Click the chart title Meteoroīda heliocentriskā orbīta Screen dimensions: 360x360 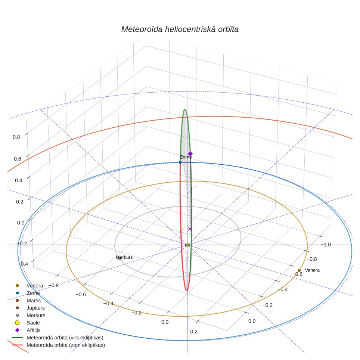180,30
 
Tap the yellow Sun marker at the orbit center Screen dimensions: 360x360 187,245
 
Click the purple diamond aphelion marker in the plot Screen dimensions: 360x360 190,154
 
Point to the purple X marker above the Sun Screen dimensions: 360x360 190,229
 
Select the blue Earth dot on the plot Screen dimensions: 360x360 180,162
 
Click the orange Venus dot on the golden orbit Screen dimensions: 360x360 299,270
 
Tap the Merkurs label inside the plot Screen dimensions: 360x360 124,257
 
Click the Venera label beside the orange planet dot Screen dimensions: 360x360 312,270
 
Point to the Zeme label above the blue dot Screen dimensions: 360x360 186,157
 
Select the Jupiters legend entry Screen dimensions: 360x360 30,308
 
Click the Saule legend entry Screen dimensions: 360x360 28,323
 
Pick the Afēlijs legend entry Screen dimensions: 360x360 28,330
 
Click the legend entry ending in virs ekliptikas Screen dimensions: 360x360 58,338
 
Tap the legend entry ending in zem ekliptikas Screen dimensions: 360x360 59,345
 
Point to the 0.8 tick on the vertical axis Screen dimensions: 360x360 16,137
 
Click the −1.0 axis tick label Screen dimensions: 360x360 326,245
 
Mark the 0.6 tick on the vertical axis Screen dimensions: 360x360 18,159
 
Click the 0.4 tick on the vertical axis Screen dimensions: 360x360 19,180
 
